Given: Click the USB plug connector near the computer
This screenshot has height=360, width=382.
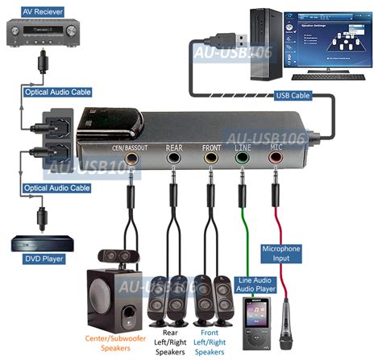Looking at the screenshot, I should point(227,40).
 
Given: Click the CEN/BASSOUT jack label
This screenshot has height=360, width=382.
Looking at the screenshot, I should point(131,147).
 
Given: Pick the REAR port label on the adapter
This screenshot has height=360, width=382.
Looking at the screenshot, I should point(173,147).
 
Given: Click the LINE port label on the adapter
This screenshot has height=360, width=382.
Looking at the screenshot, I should point(241,147).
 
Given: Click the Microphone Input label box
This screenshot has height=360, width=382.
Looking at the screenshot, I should point(282,254).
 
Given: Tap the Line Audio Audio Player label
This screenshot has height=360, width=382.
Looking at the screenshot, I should point(255,285).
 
